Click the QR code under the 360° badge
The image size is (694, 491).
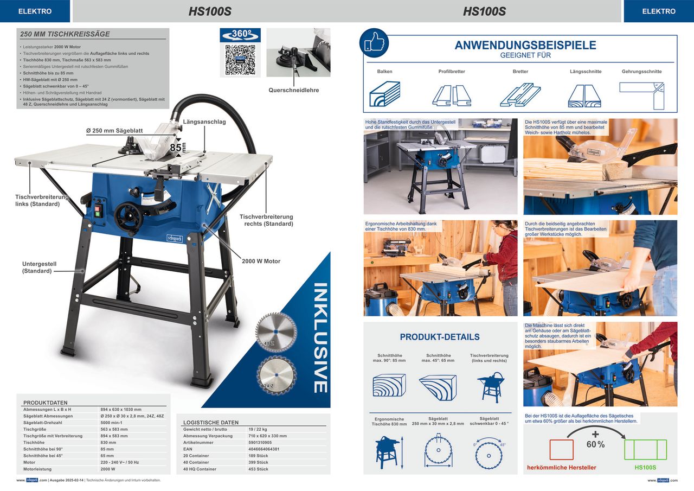click(x=239, y=60)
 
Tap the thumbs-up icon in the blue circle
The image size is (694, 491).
click(x=374, y=43)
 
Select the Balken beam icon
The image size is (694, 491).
click(x=384, y=94)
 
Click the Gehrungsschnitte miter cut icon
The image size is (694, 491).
click(x=642, y=94)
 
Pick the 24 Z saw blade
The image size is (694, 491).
click(x=277, y=373)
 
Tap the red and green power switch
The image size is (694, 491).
click(x=99, y=207)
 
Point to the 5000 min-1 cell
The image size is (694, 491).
click(x=113, y=423)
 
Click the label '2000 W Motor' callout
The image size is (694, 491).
click(x=261, y=262)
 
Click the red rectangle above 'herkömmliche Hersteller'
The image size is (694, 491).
click(x=561, y=450)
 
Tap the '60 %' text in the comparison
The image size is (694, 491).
click(x=595, y=444)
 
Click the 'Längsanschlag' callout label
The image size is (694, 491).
click(x=204, y=122)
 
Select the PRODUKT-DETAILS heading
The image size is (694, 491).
click(x=440, y=337)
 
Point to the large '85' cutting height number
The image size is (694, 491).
click(x=176, y=148)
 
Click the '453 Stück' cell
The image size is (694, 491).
click(x=255, y=469)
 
